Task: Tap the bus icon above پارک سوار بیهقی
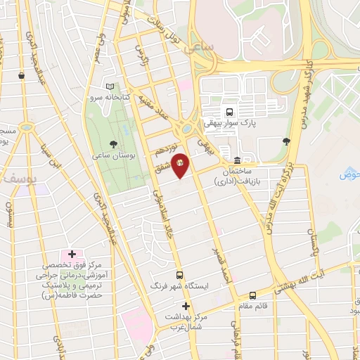coord(229,111)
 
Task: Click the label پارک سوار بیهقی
coord(229,123)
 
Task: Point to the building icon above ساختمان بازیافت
coord(238,160)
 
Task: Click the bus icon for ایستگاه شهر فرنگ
coord(180,276)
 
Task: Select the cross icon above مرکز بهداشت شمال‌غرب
coord(186,306)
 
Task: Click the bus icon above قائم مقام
coord(253,295)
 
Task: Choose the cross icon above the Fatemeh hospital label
coord(72,253)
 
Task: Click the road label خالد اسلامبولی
coord(157,211)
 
